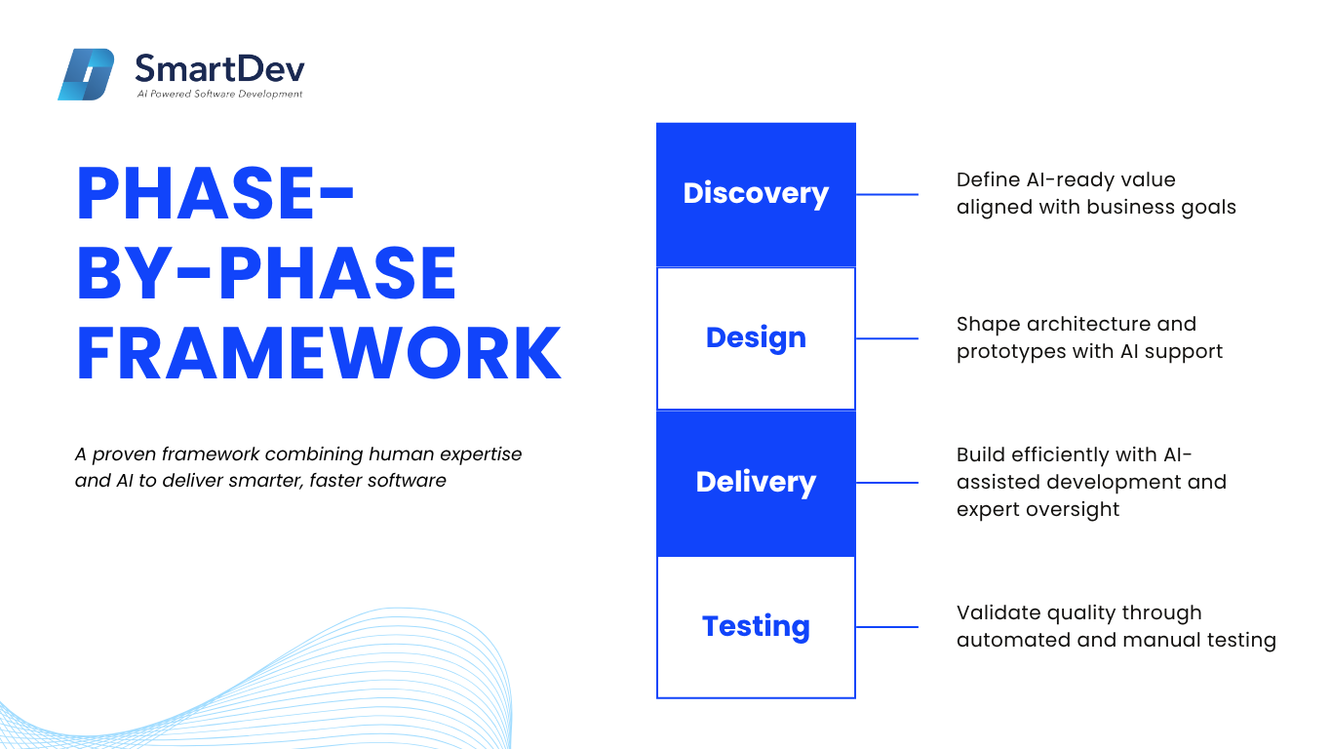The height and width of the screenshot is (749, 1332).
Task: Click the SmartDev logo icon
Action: tap(86, 74)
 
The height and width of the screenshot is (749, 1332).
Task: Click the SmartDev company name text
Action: tap(220, 68)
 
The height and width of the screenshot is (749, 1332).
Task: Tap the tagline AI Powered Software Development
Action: tap(220, 94)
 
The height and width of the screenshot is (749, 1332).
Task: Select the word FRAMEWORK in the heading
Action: tap(319, 353)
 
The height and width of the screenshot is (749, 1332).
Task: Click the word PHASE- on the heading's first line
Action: tap(215, 193)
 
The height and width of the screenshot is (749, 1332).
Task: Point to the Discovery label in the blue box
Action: tap(756, 193)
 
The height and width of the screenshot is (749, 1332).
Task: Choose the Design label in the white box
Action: tap(756, 337)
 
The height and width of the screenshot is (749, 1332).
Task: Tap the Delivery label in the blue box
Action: tap(756, 482)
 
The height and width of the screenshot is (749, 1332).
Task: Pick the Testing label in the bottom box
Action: tap(756, 626)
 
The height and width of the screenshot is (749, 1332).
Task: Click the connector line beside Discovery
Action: tap(887, 194)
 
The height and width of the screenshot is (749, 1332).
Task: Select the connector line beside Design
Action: tap(887, 338)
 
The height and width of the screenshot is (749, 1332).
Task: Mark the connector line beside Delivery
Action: tap(887, 483)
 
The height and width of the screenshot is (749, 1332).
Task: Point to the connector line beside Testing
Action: tap(887, 627)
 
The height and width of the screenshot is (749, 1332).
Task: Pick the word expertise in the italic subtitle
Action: tap(480, 455)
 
